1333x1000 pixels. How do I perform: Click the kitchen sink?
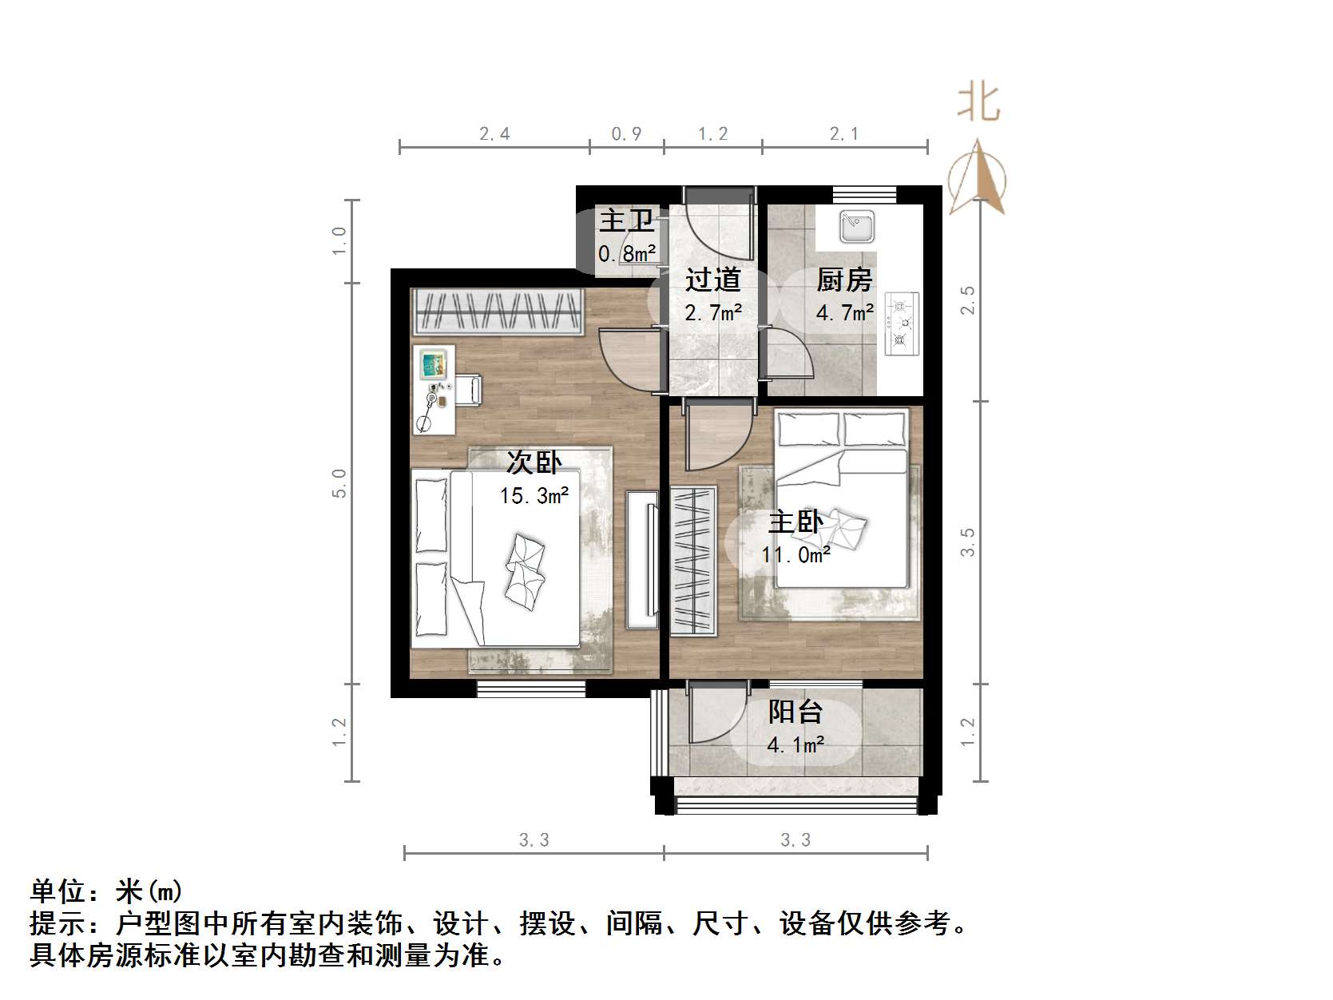(x=857, y=227)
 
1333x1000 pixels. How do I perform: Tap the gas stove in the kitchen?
(x=902, y=323)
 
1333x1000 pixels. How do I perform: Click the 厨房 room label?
(x=844, y=280)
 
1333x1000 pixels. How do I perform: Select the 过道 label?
(x=712, y=280)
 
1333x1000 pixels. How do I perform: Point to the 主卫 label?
(x=626, y=220)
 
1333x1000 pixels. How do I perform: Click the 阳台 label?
(x=795, y=712)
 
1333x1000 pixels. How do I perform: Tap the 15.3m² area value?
(x=534, y=496)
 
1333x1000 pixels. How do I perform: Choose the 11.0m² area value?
(x=795, y=554)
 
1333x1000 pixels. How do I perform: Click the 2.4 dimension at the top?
(x=494, y=134)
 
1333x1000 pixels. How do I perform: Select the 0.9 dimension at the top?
(x=626, y=134)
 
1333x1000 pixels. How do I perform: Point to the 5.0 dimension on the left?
(x=339, y=483)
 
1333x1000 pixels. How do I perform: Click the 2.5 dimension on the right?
(x=967, y=300)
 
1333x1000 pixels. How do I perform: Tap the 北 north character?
(x=978, y=103)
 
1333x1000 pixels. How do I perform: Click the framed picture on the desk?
(x=434, y=366)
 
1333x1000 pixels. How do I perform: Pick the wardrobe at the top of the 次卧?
(x=498, y=311)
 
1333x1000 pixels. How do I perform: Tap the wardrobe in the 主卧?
(x=692, y=560)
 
